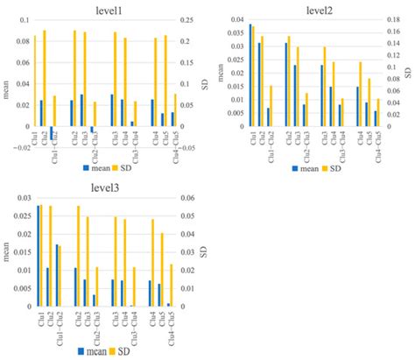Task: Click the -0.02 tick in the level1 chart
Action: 19,147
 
